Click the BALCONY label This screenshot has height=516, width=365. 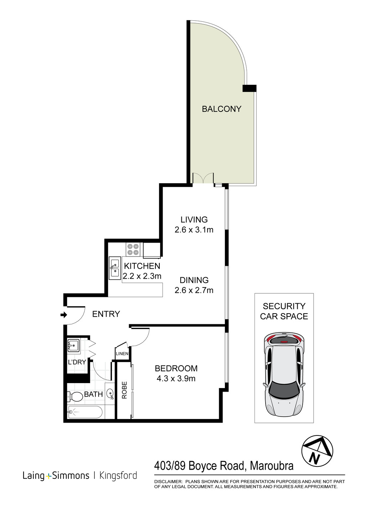pos(221,109)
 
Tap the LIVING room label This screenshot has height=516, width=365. pos(194,220)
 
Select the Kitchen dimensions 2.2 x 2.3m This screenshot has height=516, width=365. pos(142,276)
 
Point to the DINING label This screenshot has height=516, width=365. pos(194,280)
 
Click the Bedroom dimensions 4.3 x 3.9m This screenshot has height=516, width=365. pos(176,378)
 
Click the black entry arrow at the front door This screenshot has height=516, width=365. pos(64,315)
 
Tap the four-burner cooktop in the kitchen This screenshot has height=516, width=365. pos(133,249)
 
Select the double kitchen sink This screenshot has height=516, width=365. pos(115,268)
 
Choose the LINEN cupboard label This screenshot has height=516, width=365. pos(122,354)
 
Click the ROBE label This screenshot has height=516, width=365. pos(124,390)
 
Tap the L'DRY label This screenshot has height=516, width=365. pos(77,362)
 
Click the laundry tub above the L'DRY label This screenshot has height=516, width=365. pos(74,345)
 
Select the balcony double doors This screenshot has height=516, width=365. pos(203,178)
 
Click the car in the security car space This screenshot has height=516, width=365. pos(284,375)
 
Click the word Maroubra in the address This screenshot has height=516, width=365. pos(272,466)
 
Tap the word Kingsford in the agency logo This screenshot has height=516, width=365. pos(118,475)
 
